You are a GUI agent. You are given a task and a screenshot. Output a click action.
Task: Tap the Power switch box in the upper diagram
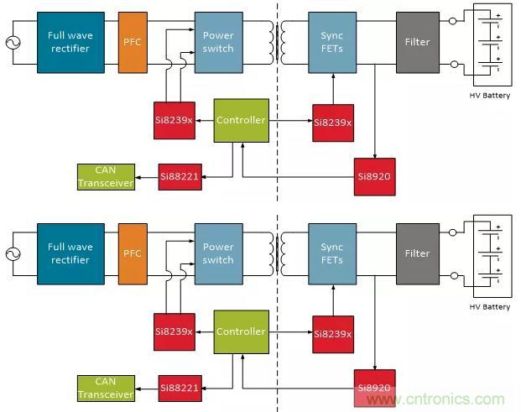[218, 42]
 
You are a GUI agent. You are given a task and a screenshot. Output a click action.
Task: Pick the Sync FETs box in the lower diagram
[332, 253]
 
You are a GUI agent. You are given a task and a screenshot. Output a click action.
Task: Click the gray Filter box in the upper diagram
[417, 42]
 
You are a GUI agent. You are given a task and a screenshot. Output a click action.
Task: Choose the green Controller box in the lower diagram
[241, 331]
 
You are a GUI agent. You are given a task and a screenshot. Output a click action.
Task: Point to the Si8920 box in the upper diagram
[374, 177]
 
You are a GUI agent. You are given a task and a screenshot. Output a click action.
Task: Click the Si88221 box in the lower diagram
[180, 389]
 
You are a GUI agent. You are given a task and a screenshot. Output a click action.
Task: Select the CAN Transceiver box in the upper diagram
[105, 177]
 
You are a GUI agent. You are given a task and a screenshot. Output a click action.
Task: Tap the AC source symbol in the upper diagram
[13, 43]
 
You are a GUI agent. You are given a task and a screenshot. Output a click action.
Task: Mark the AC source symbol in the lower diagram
[13, 254]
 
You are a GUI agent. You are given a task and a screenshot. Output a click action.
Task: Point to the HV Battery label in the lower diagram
[490, 307]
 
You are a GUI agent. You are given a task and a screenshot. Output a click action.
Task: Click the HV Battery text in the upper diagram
[490, 96]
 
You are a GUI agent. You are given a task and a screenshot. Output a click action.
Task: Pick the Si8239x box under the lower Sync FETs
[332, 333]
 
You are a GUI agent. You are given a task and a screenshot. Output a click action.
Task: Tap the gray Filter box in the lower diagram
[417, 253]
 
